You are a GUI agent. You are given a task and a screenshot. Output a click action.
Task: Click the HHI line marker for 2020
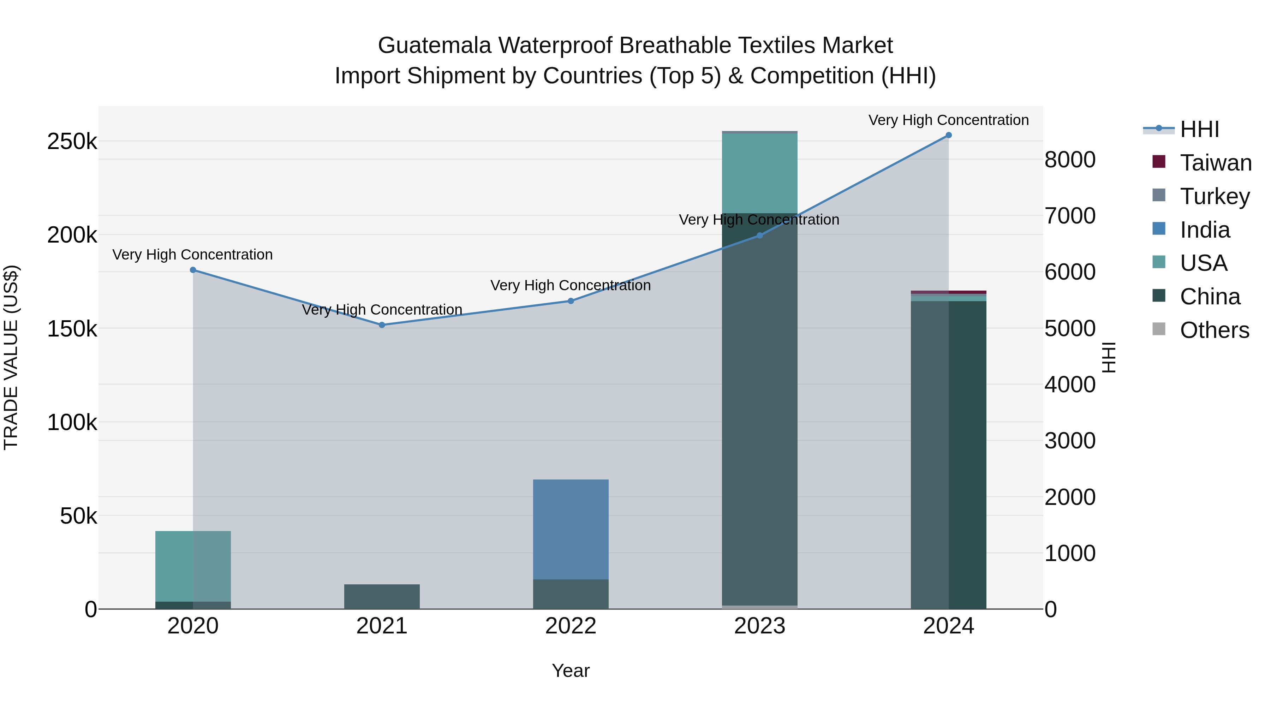pyautogui.click(x=193, y=270)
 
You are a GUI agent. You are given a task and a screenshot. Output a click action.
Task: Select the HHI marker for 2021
pyautogui.click(x=382, y=325)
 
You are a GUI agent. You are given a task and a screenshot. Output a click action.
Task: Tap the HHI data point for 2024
pyautogui.click(x=948, y=135)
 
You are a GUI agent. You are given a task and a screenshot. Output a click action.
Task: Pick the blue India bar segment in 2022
pyautogui.click(x=571, y=529)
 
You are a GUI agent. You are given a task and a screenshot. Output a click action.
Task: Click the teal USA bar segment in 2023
pyautogui.click(x=759, y=173)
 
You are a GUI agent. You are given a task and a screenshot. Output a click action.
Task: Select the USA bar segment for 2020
pyautogui.click(x=193, y=566)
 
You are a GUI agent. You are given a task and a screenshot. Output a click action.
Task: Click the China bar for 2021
pyautogui.click(x=382, y=597)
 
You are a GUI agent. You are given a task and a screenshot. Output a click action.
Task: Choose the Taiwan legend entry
pyautogui.click(x=1215, y=163)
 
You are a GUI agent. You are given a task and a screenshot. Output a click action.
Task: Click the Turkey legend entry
pyautogui.click(x=1214, y=196)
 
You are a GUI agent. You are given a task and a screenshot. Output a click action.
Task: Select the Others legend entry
pyautogui.click(x=1214, y=330)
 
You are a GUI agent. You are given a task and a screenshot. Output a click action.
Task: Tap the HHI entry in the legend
pyautogui.click(x=1199, y=129)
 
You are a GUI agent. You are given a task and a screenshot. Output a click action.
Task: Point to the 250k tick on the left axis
pyautogui.click(x=72, y=142)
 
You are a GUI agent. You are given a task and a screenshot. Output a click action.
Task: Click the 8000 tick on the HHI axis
pyautogui.click(x=1070, y=160)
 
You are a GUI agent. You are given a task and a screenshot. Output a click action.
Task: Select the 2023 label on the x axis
pyautogui.click(x=759, y=626)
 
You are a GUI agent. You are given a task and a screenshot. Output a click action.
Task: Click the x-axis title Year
pyautogui.click(x=571, y=671)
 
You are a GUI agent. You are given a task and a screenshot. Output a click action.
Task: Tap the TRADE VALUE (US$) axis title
pyautogui.click(x=11, y=357)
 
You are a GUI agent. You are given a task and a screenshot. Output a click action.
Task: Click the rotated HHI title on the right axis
pyautogui.click(x=1109, y=357)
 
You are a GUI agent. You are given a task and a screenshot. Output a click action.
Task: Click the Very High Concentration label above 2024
pyautogui.click(x=948, y=120)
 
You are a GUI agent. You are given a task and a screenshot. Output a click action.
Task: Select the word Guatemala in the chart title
pyautogui.click(x=434, y=46)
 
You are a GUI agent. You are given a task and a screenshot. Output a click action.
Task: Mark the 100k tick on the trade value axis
pyautogui.click(x=72, y=423)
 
